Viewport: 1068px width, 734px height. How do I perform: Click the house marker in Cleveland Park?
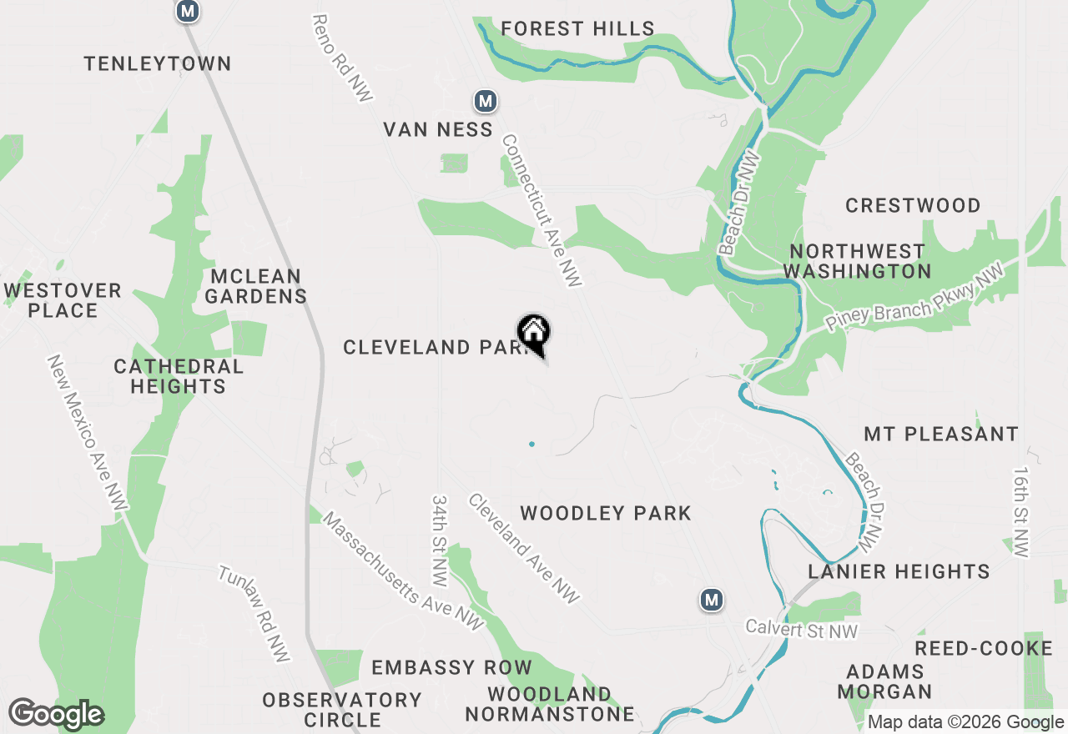[534, 334]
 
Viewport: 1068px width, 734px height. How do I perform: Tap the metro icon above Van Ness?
[486, 102]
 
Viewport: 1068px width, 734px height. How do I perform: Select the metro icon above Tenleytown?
[189, 12]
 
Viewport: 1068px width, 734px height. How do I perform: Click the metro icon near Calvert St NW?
[711, 600]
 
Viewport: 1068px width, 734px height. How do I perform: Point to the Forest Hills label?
[577, 29]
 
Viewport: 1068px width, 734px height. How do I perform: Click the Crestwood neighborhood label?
[913, 205]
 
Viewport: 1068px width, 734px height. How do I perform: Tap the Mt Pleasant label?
[941, 435]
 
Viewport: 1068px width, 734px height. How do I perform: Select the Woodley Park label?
[606, 513]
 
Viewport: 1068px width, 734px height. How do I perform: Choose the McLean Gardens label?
[255, 286]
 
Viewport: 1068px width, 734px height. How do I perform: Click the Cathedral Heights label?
[179, 376]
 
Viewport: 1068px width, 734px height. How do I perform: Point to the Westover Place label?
[63, 300]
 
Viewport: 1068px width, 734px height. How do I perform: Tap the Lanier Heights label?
[899, 571]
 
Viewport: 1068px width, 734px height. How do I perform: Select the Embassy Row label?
[451, 667]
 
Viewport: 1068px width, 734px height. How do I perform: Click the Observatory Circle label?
[342, 710]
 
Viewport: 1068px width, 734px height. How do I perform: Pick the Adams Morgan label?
[885, 681]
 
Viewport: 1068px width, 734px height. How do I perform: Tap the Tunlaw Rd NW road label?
[254, 614]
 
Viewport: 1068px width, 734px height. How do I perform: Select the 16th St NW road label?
[1022, 510]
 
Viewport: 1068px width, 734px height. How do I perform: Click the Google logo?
[56, 715]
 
